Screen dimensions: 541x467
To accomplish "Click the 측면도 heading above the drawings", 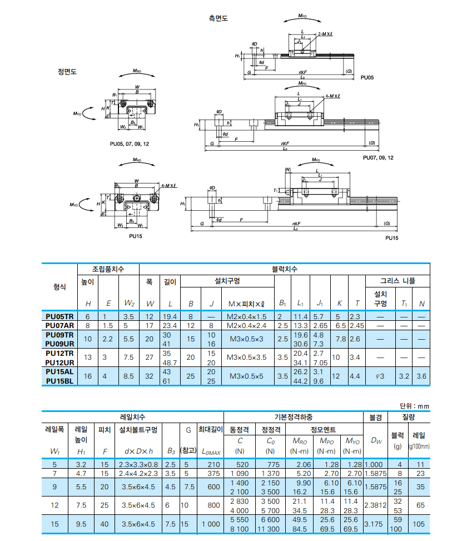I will click(x=218, y=18).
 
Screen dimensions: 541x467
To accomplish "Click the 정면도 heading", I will click(x=67, y=72).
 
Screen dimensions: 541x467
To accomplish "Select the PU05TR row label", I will click(x=59, y=316).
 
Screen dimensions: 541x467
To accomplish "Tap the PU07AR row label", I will click(x=59, y=325).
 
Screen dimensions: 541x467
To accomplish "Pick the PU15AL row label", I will click(x=59, y=371).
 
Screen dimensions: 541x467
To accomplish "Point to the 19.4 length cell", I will click(x=169, y=316).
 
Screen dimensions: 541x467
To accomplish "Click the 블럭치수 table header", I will click(x=284, y=269).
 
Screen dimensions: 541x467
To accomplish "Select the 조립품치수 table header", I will click(x=108, y=269).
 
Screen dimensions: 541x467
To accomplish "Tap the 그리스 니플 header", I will click(x=397, y=281).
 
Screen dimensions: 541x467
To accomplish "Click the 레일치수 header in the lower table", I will click(x=133, y=416).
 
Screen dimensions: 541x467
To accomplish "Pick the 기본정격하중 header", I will click(x=293, y=416).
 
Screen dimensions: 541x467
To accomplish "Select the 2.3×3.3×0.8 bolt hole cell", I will click(x=138, y=464).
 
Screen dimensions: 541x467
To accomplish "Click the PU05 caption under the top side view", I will click(x=367, y=77).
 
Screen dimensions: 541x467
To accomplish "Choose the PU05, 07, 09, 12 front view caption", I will click(x=129, y=143).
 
